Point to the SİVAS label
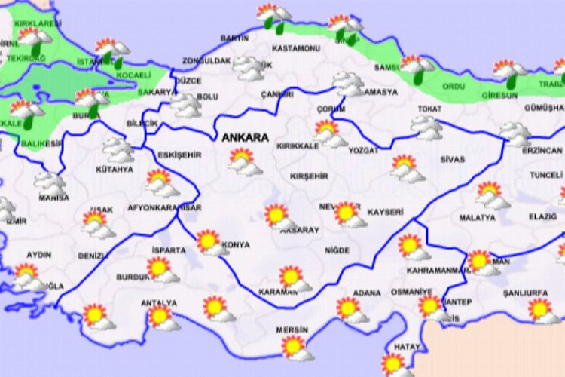[453, 160]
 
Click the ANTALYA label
[158, 303]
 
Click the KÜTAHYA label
[115, 170]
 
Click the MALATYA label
[477, 218]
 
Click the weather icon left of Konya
[209, 243]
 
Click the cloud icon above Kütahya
[118, 149]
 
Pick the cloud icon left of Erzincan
[515, 134]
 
